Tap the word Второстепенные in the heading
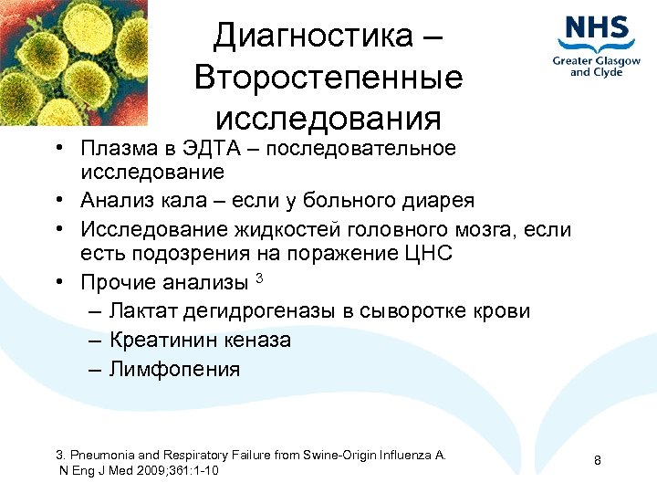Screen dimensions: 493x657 coord(328,78)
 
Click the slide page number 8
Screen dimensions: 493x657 coord(598,460)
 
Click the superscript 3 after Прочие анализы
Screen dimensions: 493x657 coord(259,277)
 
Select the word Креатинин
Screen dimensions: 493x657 coord(162,341)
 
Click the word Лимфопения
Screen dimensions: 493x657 coord(175,370)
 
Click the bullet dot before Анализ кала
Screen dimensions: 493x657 coord(57,201)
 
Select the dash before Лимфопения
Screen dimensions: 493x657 coord(96,370)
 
